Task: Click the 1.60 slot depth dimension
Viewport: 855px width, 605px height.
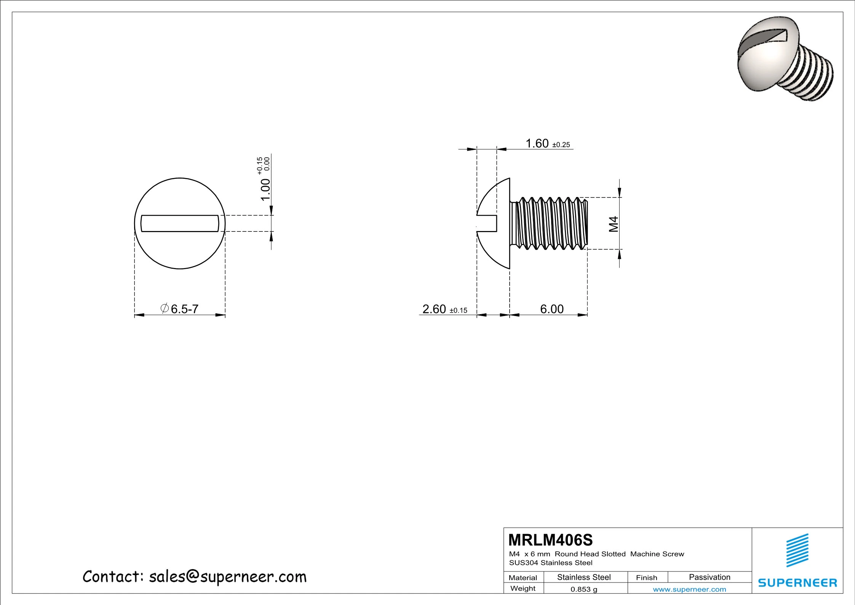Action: (x=537, y=143)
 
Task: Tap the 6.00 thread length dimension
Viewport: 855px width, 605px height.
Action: (x=551, y=309)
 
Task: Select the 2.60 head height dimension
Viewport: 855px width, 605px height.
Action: (x=435, y=309)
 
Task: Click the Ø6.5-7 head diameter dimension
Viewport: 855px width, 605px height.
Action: (x=180, y=309)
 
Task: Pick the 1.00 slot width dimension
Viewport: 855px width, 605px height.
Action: (x=265, y=189)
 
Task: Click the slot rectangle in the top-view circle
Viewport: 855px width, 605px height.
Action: (x=180, y=223)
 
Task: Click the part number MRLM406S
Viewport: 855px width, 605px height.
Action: (x=550, y=540)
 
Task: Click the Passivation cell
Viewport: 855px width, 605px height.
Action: (x=710, y=577)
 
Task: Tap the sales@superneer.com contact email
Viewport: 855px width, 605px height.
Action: (x=227, y=577)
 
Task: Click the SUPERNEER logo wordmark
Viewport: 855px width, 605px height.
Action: (x=798, y=583)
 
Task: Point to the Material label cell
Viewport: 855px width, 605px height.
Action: (x=523, y=578)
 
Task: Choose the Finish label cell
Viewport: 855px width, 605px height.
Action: (x=646, y=578)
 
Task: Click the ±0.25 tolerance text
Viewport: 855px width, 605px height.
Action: (x=561, y=145)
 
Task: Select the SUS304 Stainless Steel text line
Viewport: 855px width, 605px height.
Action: (x=551, y=563)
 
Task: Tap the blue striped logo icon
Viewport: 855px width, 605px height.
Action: (x=797, y=550)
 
